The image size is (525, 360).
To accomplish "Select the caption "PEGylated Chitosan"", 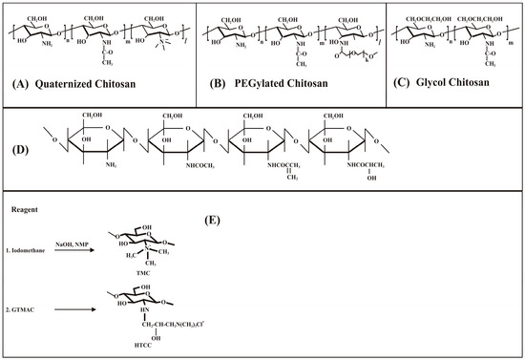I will pos(286,83).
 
